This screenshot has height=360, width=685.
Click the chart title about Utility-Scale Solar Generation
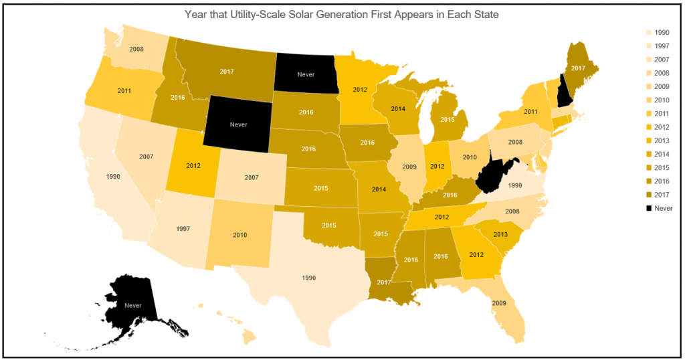pos(342,14)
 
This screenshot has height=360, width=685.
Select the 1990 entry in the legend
pos(662,32)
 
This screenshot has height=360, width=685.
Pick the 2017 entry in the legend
pos(662,195)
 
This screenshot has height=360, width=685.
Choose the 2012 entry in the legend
pos(662,127)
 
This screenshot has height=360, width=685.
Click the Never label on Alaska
pos(133,305)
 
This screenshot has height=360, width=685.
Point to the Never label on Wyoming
pos(238,124)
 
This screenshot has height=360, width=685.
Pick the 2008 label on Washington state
pos(136,48)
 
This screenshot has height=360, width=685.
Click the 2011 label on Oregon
pos(124,90)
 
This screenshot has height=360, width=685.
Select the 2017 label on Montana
pos(227,71)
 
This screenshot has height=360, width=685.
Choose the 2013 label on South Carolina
pos(501,234)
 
